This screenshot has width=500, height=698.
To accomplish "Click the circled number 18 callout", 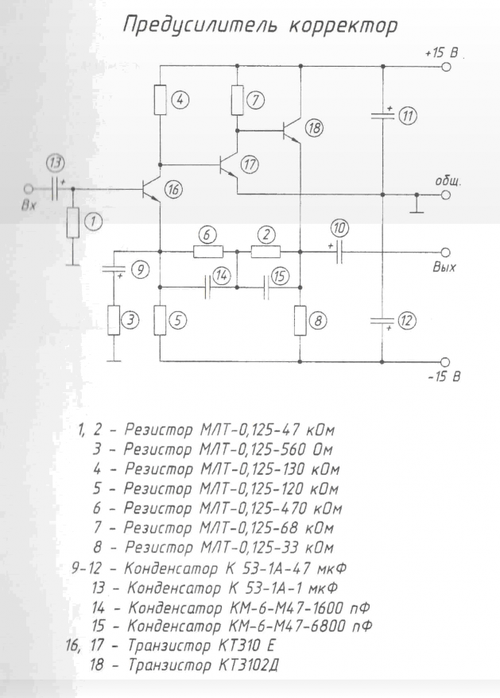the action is click(x=314, y=128).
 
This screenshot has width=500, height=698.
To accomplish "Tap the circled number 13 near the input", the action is click(x=56, y=164).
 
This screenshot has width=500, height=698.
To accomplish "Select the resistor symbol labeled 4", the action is click(x=160, y=100).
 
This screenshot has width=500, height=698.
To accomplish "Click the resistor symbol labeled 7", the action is click(x=237, y=100).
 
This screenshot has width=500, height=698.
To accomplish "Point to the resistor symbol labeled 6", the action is click(x=208, y=252).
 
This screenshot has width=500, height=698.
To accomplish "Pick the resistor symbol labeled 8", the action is click(x=300, y=321).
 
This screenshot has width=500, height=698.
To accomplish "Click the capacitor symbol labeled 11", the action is click(x=382, y=116).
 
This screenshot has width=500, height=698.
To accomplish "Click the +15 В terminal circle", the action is click(x=446, y=67).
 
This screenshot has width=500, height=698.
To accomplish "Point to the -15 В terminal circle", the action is click(x=444, y=362).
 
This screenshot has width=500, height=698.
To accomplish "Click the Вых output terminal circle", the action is click(x=445, y=253).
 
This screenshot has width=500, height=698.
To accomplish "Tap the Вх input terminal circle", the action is click(x=29, y=189).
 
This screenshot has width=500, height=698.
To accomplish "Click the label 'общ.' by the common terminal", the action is click(x=448, y=183).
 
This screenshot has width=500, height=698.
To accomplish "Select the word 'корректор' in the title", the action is click(x=343, y=26).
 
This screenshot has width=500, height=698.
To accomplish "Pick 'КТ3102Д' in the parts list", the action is click(x=248, y=665).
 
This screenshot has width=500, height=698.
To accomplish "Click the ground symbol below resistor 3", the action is click(x=114, y=361).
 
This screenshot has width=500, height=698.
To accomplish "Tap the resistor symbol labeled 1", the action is click(x=73, y=222).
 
